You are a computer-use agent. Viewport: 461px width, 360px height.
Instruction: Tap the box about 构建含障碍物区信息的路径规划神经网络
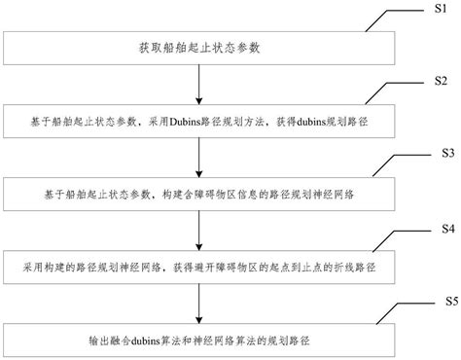[198, 195]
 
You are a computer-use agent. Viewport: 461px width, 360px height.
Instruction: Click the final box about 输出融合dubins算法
[198, 340]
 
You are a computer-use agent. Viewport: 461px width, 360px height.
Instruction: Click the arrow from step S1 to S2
[198, 85]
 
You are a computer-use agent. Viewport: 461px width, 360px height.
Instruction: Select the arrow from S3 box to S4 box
[198, 231]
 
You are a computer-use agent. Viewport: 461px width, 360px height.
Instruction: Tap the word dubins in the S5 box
[159, 340]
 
